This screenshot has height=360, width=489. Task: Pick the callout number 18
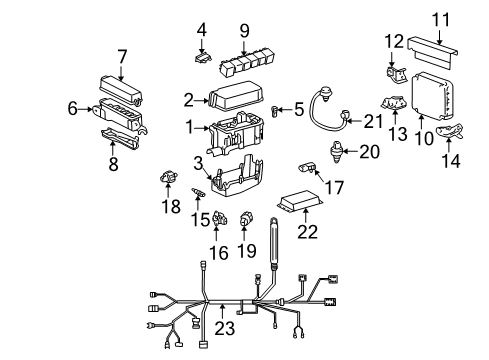171,207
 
